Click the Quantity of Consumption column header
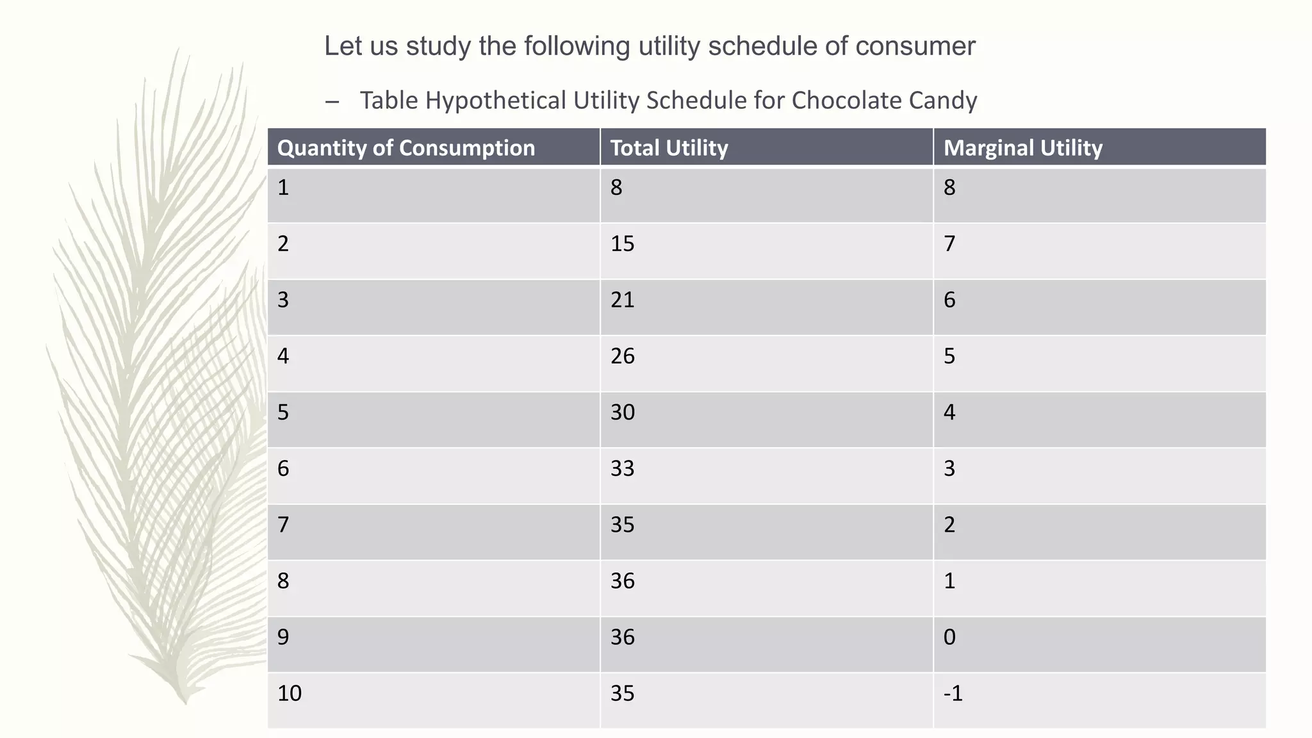406,148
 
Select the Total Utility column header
669,148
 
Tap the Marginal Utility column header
1022,148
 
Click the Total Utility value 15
622,244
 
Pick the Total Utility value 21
622,300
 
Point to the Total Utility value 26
622,356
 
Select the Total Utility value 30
622,412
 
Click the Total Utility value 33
622,468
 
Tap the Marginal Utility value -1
953,693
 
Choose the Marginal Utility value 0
949,637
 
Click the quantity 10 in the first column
289,693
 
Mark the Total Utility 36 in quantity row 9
622,637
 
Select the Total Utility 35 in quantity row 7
622,525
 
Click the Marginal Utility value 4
949,412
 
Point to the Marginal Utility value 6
949,300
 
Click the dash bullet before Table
332,101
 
